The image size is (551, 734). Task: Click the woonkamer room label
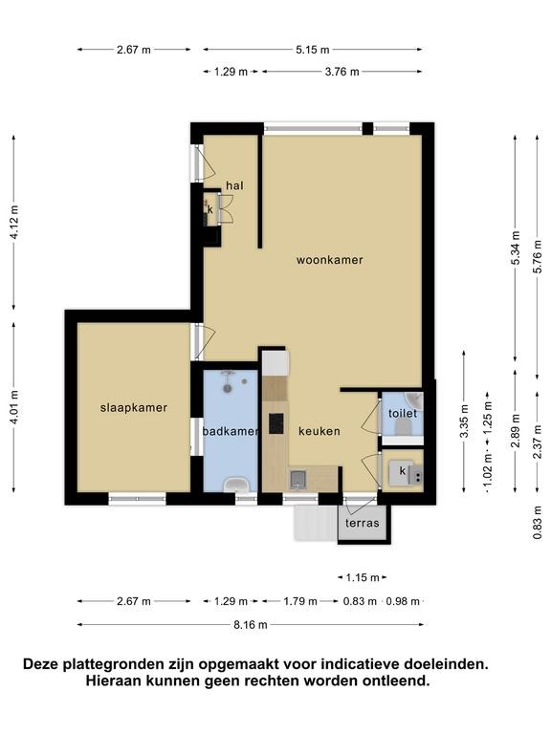[x=329, y=260]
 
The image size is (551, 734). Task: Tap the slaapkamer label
[x=134, y=408]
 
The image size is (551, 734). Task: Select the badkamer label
[x=231, y=431]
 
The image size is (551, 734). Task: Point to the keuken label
[x=320, y=431]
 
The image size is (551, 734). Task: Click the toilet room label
[x=403, y=413]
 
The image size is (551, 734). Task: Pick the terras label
[x=363, y=523]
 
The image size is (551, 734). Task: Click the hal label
[x=234, y=185]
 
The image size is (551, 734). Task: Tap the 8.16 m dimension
[x=251, y=624]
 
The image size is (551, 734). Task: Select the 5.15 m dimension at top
[x=313, y=49]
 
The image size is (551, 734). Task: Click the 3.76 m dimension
[x=342, y=72]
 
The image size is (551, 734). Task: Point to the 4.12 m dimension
[x=15, y=223]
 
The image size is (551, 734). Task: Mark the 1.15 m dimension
[x=363, y=577]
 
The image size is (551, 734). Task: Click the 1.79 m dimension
[x=300, y=601]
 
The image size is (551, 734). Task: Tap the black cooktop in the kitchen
[x=276, y=423]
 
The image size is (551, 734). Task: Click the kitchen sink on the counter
[x=298, y=480]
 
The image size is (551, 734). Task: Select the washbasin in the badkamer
[x=235, y=485]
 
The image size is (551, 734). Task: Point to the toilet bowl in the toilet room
[x=403, y=427]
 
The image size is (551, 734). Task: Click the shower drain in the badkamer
[x=228, y=388]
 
